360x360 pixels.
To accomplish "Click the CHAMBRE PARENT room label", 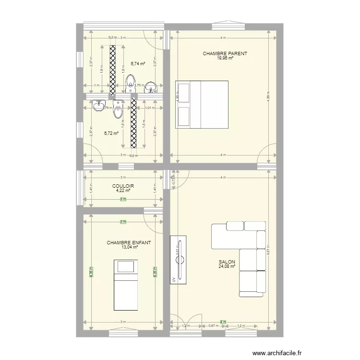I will [225, 54].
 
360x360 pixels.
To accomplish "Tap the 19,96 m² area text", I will [225, 58].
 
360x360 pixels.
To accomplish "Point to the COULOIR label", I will [123, 186].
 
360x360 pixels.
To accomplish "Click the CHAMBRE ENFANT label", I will [129, 243].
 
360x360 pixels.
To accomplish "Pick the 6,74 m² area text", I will [138, 63].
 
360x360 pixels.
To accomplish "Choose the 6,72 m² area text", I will [111, 133].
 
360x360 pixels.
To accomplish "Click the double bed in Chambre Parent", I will [202, 104].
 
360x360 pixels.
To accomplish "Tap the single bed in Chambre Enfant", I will [126, 285].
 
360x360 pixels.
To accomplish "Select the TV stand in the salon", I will [179, 260].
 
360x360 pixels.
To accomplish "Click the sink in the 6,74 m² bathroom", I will [151, 88].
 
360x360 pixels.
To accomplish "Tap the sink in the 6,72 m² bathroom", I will [100, 105].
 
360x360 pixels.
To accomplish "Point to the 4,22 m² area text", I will [123, 190].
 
